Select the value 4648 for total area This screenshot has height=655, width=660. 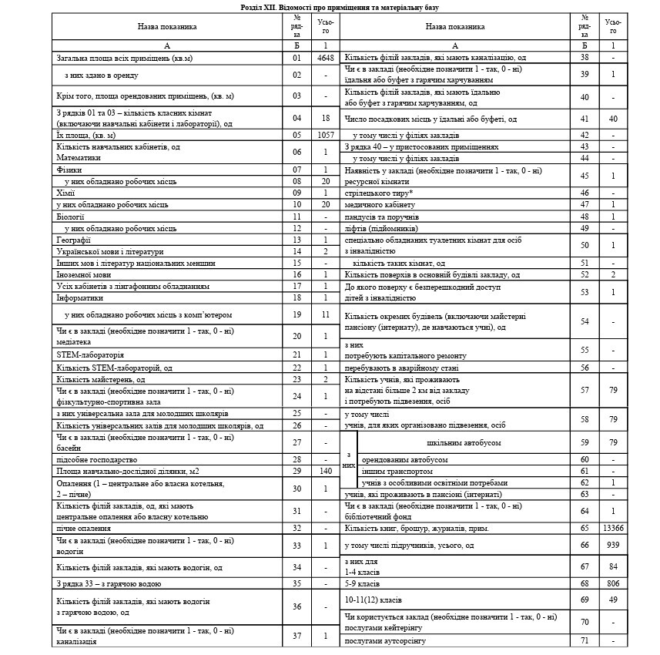click(x=326, y=58)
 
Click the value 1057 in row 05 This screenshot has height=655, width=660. click(x=326, y=133)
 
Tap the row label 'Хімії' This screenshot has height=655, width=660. click(x=65, y=192)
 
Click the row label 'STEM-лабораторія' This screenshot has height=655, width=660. click(x=90, y=354)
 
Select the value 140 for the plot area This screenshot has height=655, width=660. click(x=326, y=470)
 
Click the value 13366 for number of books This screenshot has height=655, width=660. click(x=613, y=529)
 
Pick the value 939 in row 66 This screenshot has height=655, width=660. click(x=613, y=546)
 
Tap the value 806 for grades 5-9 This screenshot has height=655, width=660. click(x=613, y=583)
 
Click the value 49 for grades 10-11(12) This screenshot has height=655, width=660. click(x=613, y=600)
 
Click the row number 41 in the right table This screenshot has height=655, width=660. click(x=585, y=119)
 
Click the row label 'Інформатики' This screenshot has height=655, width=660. click(x=79, y=297)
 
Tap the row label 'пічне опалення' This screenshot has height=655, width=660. click(x=83, y=529)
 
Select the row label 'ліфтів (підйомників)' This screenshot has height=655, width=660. click(x=382, y=228)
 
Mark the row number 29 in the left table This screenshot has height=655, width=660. click(x=296, y=470)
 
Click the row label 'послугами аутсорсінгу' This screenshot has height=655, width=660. click(x=384, y=640)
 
